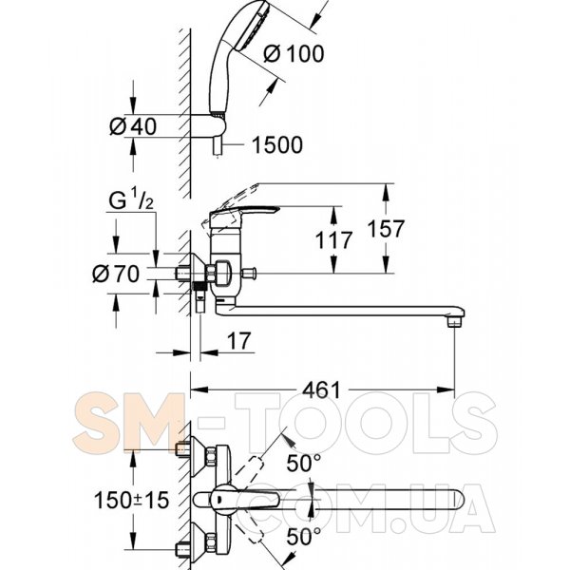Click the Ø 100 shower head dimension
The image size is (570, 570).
[x=294, y=54]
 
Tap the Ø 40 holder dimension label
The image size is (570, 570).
[x=133, y=126]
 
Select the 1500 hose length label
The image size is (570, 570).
[x=277, y=144]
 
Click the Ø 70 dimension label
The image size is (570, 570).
[x=116, y=274]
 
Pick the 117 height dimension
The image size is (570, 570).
[x=333, y=240]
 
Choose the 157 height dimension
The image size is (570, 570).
[x=386, y=229]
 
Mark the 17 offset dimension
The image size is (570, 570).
[x=238, y=341]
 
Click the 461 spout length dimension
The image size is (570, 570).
[x=322, y=390]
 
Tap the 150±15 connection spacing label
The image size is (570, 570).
[x=132, y=500]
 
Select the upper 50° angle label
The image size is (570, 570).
[x=304, y=464]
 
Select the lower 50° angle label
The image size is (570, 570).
[x=304, y=537]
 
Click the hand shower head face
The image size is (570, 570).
[x=252, y=26]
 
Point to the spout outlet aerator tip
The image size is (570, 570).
[x=455, y=321]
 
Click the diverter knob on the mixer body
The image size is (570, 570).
[x=249, y=272]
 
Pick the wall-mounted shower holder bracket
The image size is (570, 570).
[x=208, y=125]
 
